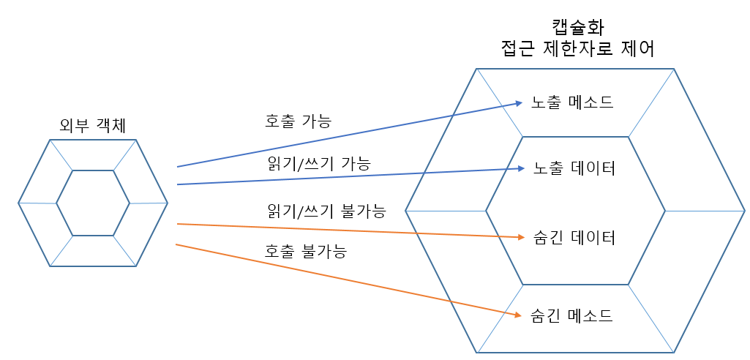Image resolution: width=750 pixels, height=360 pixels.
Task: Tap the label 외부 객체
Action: (x=93, y=125)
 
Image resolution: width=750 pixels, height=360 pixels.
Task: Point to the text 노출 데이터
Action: (x=574, y=168)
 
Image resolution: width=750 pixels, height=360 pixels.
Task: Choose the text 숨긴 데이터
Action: (x=574, y=238)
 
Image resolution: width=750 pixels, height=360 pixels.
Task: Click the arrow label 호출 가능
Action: (x=298, y=121)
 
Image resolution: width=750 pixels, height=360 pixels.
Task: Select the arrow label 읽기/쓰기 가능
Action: (x=319, y=163)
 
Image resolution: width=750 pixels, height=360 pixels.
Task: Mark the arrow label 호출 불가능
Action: (x=305, y=251)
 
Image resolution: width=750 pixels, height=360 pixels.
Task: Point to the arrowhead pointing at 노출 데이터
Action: (x=521, y=169)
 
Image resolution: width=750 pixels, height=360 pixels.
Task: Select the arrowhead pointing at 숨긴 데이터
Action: (x=521, y=237)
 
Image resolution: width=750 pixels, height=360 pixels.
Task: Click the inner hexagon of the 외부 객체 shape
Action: (x=93, y=203)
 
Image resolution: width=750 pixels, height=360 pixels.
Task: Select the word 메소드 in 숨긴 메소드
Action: (x=590, y=316)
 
